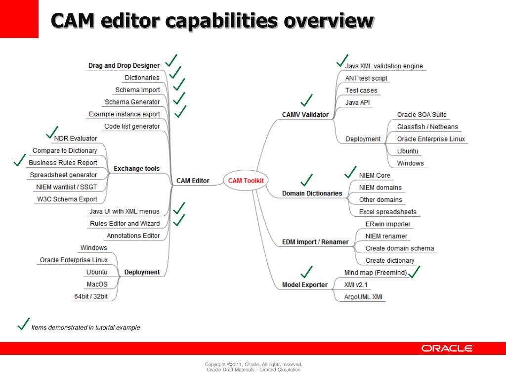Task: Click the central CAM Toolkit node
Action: (246, 181)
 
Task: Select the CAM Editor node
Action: (193, 181)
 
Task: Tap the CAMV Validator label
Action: (305, 115)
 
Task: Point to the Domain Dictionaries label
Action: (312, 193)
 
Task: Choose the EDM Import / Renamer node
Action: (315, 242)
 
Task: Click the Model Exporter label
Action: (304, 285)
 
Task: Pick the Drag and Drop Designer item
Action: (124, 65)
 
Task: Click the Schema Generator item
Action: (132, 102)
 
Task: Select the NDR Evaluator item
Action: (76, 139)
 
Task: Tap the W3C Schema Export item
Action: (67, 199)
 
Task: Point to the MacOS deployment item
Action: (97, 285)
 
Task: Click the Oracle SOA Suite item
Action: (422, 115)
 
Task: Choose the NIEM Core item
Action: (375, 176)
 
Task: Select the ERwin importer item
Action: (388, 224)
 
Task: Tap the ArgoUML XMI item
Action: (363, 297)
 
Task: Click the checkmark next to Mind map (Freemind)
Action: (414, 272)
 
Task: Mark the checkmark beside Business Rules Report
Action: (20, 160)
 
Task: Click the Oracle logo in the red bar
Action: (447, 348)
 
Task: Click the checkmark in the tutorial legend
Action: (23, 324)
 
